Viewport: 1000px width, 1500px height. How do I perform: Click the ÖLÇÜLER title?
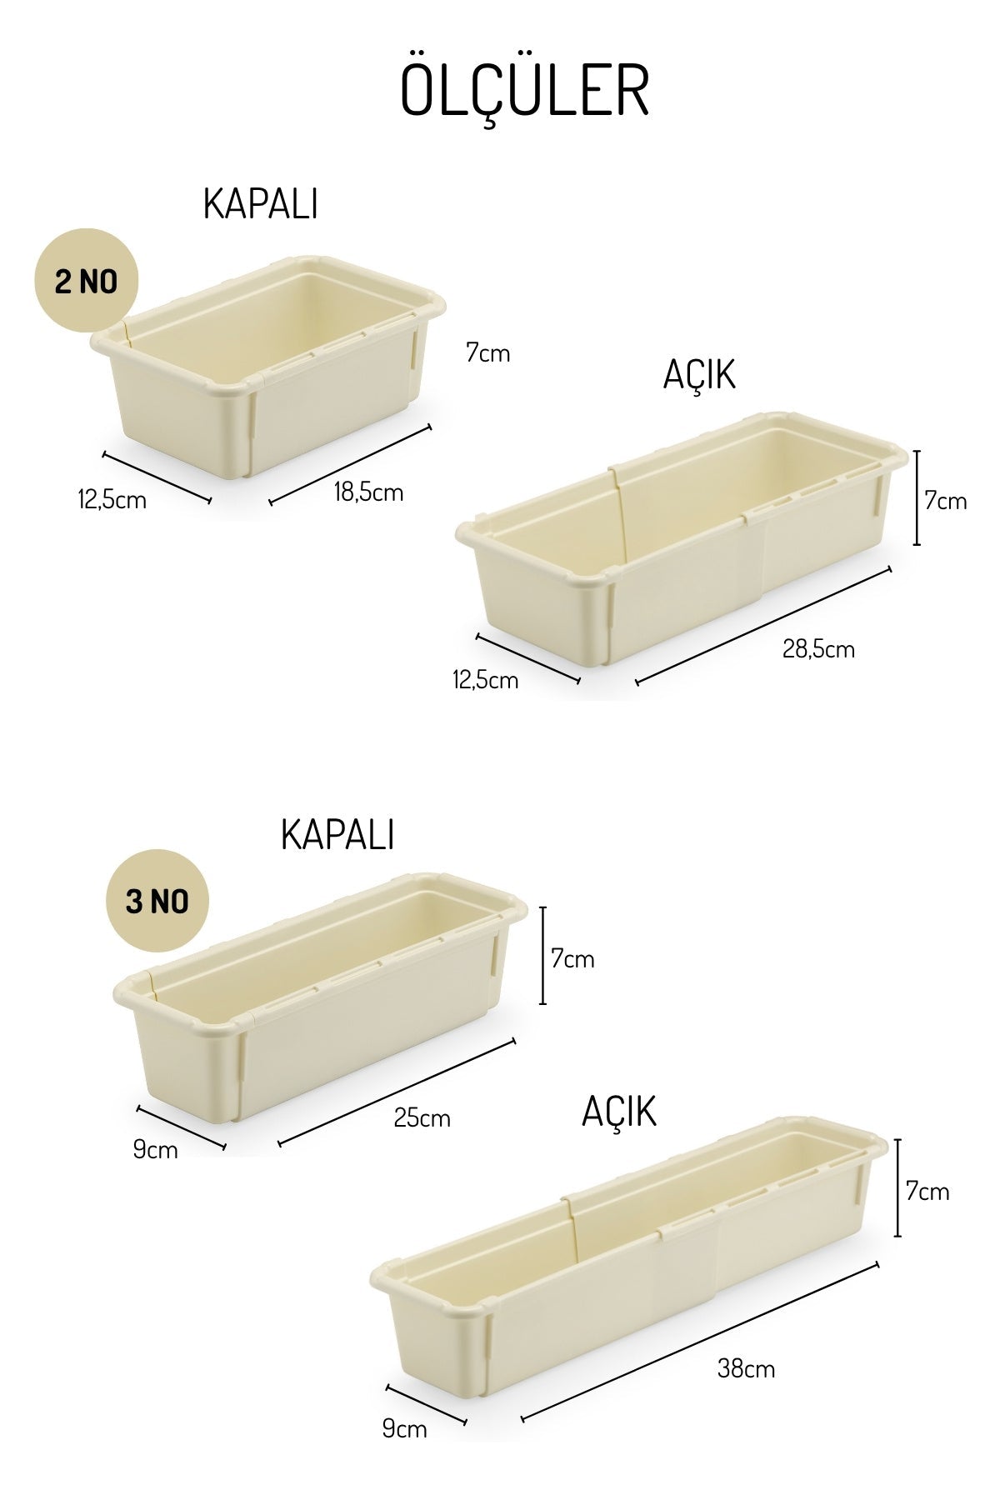(x=524, y=90)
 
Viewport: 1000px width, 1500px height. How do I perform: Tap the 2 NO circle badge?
(x=86, y=282)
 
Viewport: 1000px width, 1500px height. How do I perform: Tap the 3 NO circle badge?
(x=157, y=901)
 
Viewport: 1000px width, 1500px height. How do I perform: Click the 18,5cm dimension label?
(x=368, y=492)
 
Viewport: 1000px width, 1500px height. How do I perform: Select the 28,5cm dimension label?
(x=818, y=648)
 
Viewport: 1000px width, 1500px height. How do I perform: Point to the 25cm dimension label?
(x=422, y=1117)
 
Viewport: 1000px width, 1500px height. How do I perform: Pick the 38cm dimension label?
(x=746, y=1368)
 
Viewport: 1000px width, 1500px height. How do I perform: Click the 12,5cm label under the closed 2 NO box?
(x=112, y=500)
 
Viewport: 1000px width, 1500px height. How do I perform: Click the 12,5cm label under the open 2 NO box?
(x=485, y=680)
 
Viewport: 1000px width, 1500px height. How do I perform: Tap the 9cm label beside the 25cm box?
(x=155, y=1150)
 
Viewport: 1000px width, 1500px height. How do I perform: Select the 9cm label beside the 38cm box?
(x=404, y=1429)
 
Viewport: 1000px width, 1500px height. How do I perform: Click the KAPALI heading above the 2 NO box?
(x=260, y=204)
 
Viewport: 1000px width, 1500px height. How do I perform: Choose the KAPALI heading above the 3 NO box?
(x=337, y=834)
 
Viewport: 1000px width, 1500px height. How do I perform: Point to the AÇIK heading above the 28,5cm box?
(x=699, y=376)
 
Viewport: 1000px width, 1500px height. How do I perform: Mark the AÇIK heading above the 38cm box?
(x=619, y=1112)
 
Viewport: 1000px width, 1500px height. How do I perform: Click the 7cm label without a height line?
(x=487, y=353)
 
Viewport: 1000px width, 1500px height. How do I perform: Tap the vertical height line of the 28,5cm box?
(x=917, y=497)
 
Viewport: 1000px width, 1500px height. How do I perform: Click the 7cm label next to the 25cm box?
(x=572, y=959)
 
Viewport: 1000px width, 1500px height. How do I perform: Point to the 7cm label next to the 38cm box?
(x=927, y=1192)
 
